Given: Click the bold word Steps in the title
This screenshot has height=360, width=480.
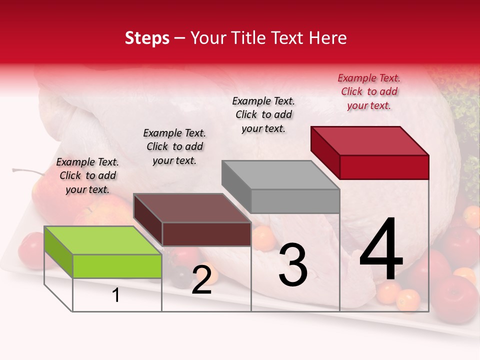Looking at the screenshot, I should point(147,38).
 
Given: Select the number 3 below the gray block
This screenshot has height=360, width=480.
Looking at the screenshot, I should point(292,265).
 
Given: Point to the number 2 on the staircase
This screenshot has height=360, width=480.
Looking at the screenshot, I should point(201,280).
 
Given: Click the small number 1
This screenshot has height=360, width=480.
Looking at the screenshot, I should point(115,295).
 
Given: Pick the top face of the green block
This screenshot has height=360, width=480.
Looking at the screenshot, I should point(102,240).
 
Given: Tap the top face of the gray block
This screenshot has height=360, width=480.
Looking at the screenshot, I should point(280,175).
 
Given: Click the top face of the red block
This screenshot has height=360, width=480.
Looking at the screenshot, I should point(369,140).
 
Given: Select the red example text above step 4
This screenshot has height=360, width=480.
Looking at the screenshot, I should point(369,92).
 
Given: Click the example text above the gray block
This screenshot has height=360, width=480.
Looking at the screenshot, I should point(263,114).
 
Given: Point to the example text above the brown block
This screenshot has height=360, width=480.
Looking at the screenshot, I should point(174,146).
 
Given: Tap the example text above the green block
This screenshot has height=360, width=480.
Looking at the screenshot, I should point(87,175).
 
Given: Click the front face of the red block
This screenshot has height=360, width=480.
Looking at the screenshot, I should point(384,167).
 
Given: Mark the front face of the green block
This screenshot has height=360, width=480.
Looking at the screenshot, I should point(117,266).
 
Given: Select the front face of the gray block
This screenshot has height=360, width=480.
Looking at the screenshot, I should point(295,201).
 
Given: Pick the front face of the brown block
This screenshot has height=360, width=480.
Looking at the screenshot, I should point(206,234).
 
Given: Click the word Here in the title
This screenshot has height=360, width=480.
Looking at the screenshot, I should point(328,38).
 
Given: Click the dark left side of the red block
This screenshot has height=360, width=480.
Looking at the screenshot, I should point(325,152).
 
